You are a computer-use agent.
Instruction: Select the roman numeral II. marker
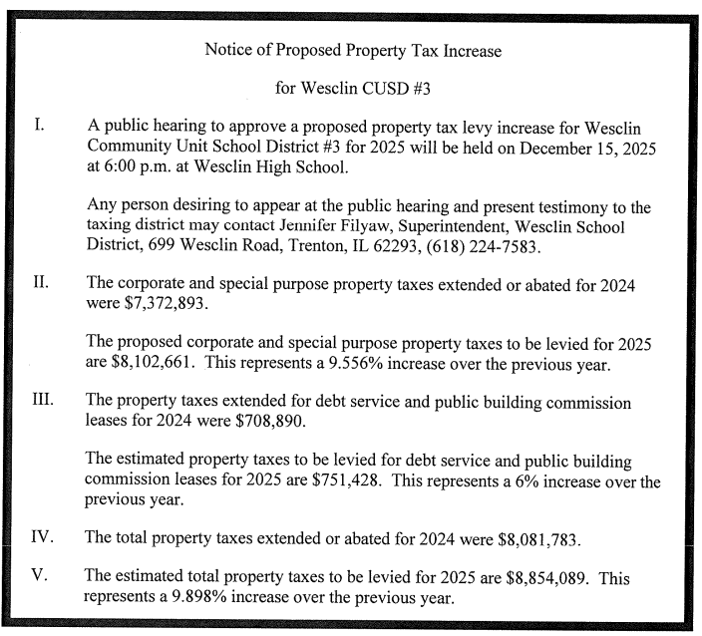point(42,282)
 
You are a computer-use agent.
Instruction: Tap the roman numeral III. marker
point(45,400)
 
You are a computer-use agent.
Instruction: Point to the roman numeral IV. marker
point(43,537)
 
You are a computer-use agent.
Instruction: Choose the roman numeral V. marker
point(41,576)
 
